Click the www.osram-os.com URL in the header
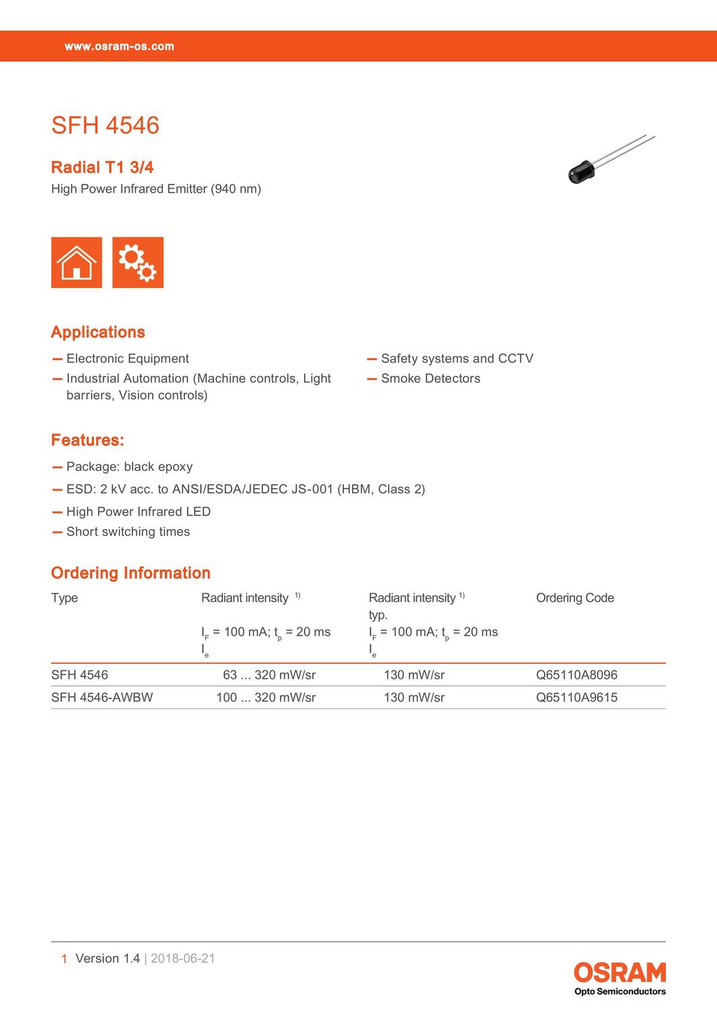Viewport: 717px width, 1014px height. point(119,47)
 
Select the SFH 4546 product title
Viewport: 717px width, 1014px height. point(105,126)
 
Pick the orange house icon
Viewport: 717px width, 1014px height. point(76,262)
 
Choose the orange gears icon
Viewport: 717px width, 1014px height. point(138,262)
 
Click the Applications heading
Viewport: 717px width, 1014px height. point(98,332)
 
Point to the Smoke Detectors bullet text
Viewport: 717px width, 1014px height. point(430,379)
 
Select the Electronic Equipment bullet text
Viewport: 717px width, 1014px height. point(128,359)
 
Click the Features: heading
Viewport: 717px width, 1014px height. point(87,440)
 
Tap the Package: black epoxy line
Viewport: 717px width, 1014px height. point(129,467)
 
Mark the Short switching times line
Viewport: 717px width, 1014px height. point(128,532)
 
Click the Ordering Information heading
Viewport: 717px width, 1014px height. point(130,573)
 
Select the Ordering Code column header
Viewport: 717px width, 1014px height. point(574,598)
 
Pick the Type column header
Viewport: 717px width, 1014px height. point(64,598)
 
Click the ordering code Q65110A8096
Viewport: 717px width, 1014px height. point(576,675)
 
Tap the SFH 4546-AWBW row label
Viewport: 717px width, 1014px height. point(102,697)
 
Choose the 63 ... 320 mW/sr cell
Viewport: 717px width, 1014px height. point(269,675)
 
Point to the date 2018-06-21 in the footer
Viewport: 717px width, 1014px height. point(182,958)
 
